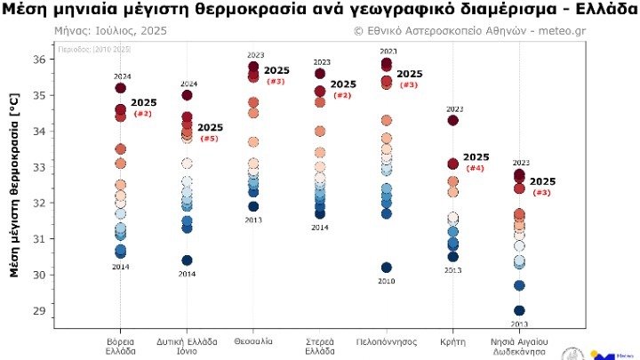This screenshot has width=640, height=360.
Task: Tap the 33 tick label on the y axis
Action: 37,167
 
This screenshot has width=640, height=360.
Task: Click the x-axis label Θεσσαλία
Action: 253,341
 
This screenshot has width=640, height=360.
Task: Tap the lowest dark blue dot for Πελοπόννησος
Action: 387,268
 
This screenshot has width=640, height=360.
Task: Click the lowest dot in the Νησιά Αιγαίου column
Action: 519,311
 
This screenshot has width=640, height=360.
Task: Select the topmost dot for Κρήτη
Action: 452,120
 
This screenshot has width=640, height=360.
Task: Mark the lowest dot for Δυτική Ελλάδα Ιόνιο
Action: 187,260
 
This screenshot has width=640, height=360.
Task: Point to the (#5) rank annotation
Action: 209,139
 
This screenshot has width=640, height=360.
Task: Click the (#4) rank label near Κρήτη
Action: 475,168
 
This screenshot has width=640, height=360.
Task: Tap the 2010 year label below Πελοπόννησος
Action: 387,281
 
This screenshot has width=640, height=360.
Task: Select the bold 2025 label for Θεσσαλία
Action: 276,70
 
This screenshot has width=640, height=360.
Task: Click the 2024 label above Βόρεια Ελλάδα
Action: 121,76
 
